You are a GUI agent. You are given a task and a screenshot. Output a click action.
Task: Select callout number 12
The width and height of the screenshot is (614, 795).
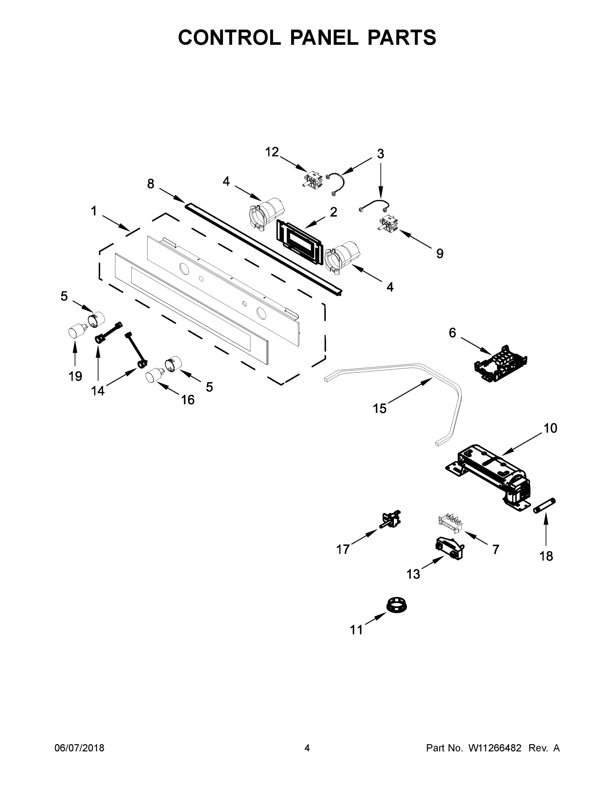272,152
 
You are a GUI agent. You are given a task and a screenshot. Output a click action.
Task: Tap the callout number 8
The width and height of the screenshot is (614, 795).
151,184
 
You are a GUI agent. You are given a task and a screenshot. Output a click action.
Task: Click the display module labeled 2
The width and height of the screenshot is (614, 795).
300,241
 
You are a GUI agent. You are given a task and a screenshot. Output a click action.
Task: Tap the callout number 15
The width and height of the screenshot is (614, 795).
379,408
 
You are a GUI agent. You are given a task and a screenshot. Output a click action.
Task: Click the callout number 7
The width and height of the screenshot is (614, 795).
496,549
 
